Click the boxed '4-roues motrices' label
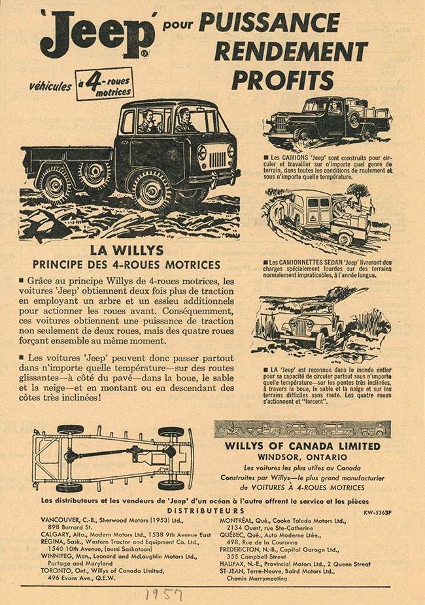[x=104, y=84]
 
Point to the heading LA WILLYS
[x=126, y=251]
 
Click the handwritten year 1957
[x=164, y=595]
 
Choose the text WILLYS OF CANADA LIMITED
[x=302, y=446]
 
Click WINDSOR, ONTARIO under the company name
[x=302, y=457]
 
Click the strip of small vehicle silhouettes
[x=302, y=430]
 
